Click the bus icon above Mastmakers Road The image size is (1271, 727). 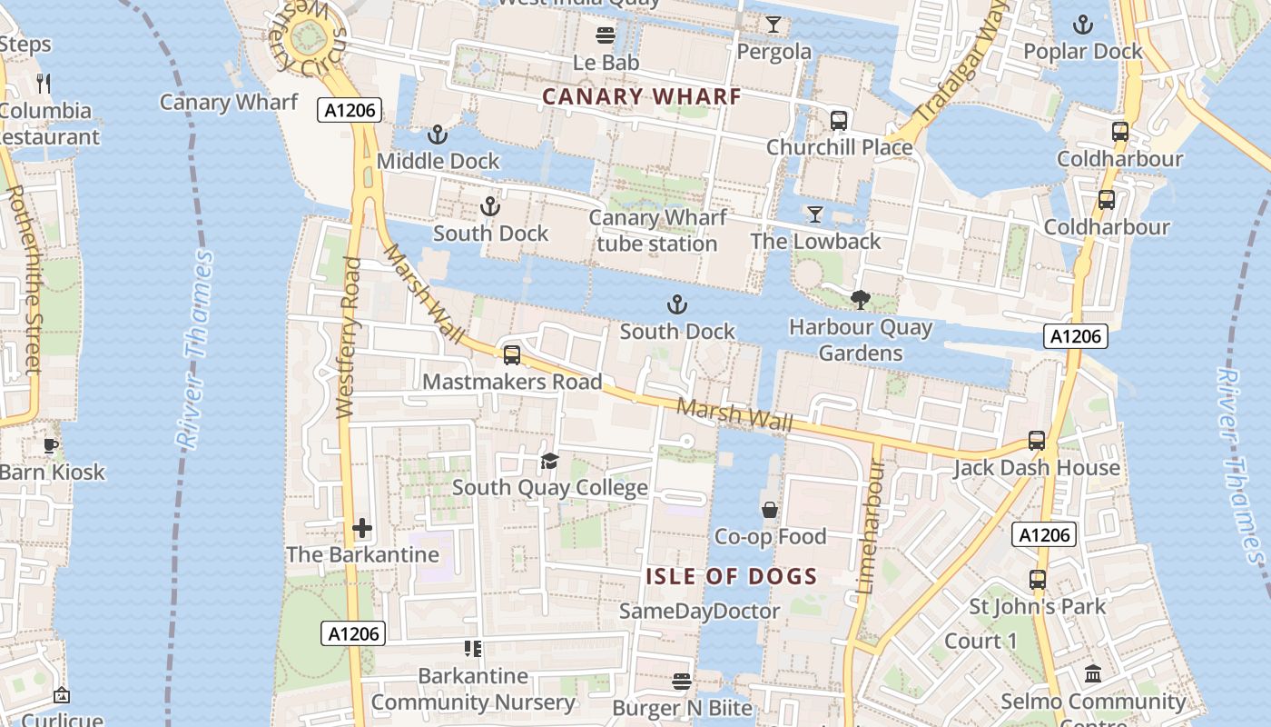(512, 355)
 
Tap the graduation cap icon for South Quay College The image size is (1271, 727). (549, 462)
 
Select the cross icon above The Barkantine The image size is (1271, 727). (362, 528)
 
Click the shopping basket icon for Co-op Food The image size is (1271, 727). (770, 510)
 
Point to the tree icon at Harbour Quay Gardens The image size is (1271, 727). (860, 299)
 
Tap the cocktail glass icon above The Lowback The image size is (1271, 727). (815, 214)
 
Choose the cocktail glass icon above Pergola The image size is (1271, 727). (773, 25)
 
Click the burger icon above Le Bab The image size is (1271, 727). (606, 35)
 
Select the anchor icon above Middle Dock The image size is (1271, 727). (438, 134)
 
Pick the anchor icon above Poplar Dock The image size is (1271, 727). (1082, 25)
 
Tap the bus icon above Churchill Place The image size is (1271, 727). (839, 121)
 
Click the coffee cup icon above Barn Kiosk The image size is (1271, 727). (51, 445)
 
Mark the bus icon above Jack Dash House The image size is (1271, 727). (1037, 441)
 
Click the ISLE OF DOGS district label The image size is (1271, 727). (732, 576)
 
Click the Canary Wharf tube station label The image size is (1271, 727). (657, 231)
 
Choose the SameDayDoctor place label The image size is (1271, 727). (699, 612)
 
